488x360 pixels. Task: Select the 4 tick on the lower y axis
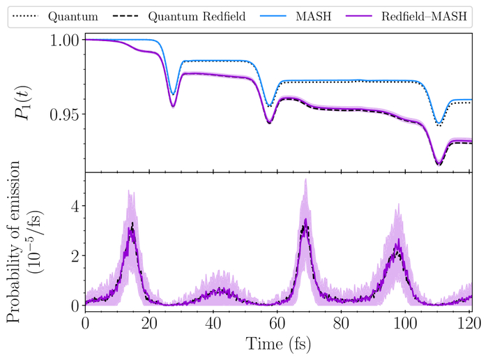(x=70, y=205)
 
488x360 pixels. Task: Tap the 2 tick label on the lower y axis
(x=70, y=255)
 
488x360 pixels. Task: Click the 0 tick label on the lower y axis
(x=70, y=306)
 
